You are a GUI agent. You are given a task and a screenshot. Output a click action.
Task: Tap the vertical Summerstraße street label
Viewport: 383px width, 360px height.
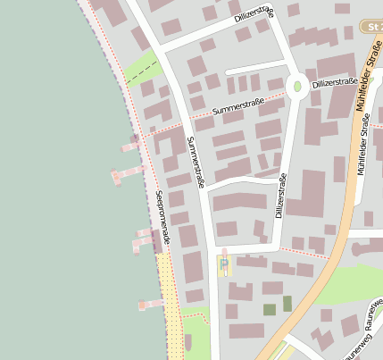196,161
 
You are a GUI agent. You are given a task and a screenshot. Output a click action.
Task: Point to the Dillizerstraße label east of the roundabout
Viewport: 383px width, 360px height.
336,81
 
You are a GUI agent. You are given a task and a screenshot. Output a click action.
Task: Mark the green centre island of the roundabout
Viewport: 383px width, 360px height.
297,87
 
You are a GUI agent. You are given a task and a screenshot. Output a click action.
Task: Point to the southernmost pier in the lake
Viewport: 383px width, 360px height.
150,305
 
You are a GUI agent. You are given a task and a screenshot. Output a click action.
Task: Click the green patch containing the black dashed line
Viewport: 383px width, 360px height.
140,68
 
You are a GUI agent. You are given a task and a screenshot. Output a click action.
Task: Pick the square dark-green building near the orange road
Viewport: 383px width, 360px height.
269,310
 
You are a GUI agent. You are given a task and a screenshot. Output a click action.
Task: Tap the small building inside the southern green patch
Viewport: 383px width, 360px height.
187,342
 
